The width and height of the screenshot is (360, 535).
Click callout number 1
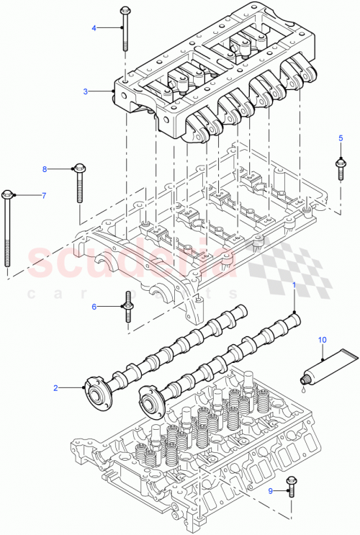(x=294, y=286)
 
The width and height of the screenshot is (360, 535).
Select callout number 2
(x=55, y=387)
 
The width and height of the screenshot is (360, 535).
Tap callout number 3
(x=85, y=91)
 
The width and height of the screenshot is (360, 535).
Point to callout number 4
(x=93, y=27)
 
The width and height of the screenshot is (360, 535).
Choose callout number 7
(x=42, y=195)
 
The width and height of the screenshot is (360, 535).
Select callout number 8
(x=44, y=169)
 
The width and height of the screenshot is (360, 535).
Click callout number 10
(x=323, y=338)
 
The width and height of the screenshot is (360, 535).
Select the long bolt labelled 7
(x=9, y=230)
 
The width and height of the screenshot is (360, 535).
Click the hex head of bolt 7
(x=8, y=194)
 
